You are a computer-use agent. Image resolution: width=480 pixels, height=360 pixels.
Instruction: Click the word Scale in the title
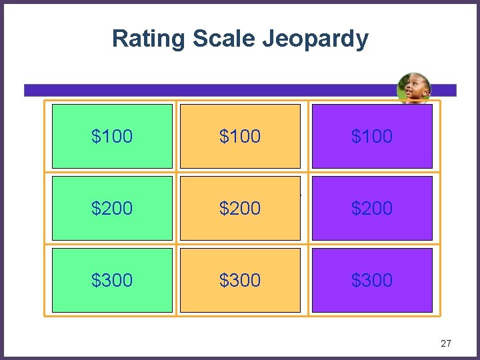pos(224,39)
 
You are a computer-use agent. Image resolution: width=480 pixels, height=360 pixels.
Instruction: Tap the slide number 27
pos(446,343)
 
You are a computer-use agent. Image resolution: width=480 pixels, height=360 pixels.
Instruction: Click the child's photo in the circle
pos(413,89)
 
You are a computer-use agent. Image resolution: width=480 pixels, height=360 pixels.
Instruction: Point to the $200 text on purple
pos(372,208)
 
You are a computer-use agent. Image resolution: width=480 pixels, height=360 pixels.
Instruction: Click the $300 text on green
pos(112,280)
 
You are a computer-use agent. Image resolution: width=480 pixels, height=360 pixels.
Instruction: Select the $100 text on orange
pos(240,136)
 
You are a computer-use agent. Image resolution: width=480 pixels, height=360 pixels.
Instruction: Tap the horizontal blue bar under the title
pos(200,90)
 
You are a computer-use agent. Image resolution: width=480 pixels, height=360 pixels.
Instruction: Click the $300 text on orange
pos(240,280)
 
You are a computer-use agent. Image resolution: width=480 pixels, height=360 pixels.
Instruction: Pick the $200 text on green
pos(112,208)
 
